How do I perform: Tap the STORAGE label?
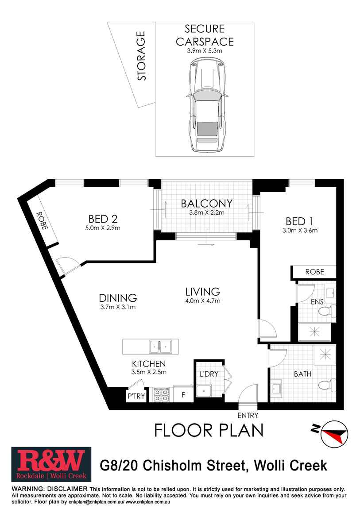click(141, 56)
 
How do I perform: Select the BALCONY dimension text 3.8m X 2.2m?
click(206, 212)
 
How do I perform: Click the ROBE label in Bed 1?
click(314, 272)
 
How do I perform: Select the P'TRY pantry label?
click(136, 396)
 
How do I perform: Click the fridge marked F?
click(183, 394)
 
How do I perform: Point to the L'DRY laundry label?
click(209, 374)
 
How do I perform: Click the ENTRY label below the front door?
click(248, 416)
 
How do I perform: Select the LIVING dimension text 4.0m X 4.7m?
click(203, 301)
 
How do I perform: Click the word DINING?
click(118, 298)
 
